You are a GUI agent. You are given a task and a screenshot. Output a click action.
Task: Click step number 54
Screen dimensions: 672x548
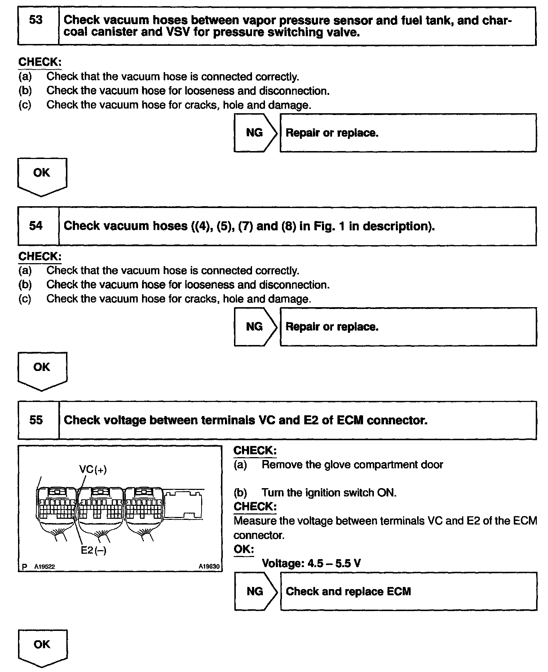click(x=36, y=226)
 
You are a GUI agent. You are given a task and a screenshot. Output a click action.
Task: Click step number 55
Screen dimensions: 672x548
click(x=36, y=420)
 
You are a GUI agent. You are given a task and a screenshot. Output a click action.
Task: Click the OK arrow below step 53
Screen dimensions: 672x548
click(x=42, y=175)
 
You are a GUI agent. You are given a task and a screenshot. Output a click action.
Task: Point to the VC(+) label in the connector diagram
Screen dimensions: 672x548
click(x=93, y=469)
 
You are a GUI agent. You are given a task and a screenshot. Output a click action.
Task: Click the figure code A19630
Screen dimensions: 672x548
click(x=209, y=566)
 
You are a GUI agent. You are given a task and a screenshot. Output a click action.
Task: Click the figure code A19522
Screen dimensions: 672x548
click(x=44, y=567)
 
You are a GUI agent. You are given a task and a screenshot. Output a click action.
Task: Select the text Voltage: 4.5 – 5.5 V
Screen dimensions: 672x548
click(x=311, y=563)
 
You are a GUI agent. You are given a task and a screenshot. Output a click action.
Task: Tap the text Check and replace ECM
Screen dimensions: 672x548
click(x=348, y=592)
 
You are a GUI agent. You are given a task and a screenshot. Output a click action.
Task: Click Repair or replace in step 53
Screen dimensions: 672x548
click(x=332, y=133)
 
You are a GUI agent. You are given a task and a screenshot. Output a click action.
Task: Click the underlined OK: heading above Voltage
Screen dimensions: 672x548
click(x=244, y=549)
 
